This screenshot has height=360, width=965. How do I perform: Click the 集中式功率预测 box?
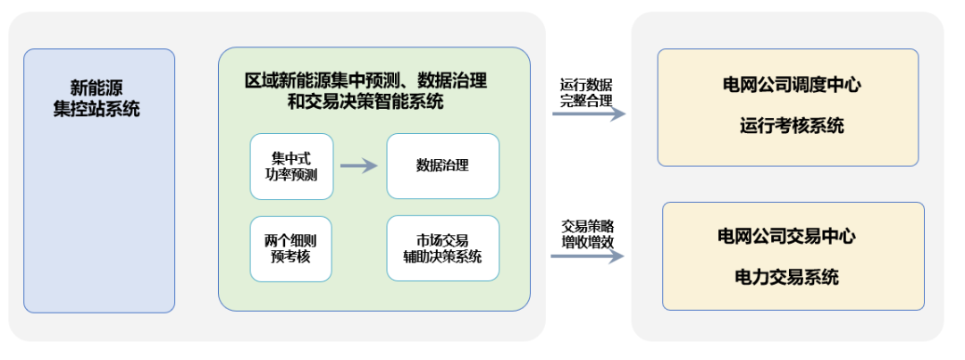click(291, 166)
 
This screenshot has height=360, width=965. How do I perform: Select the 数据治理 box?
click(442, 166)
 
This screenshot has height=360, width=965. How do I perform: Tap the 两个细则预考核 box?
click(291, 248)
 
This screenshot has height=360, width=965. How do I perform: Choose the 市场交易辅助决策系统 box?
click(442, 248)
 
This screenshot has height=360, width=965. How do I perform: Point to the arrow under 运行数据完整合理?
click(588, 114)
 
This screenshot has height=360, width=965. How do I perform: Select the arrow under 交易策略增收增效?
click(586, 256)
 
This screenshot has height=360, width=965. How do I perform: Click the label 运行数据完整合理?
click(586, 93)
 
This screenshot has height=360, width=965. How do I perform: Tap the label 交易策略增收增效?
click(587, 233)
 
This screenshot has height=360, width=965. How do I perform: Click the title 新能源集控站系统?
click(98, 99)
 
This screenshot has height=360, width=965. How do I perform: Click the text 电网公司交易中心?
click(786, 237)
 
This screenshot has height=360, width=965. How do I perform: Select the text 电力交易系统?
click(786, 277)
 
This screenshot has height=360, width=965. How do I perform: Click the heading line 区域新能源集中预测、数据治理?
click(366, 80)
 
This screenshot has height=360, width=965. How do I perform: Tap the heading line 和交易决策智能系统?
click(365, 101)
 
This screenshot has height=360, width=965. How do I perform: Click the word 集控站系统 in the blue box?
click(98, 110)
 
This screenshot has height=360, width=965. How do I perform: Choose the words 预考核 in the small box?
click(291, 257)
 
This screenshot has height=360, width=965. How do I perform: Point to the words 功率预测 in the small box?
click(291, 175)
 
